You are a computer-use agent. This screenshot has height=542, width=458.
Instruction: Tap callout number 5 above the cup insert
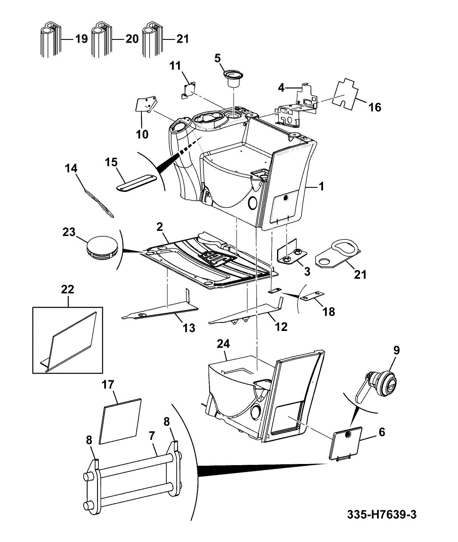point(217,59)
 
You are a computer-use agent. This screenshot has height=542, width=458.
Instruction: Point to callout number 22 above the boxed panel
point(67,289)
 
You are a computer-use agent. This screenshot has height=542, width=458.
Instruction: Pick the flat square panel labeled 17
point(120,421)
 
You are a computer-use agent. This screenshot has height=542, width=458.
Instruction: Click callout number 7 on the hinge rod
point(152,437)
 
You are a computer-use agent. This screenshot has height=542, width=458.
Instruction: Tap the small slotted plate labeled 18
point(312,296)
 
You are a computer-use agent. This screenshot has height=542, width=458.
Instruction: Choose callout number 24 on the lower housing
point(223,344)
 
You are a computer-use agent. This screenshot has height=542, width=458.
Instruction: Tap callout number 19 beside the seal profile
point(82,38)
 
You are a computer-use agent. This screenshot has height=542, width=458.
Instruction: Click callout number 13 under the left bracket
point(189,327)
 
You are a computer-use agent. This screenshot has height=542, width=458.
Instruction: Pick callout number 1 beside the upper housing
point(321,187)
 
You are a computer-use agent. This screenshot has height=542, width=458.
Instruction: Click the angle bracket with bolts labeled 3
point(292,251)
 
